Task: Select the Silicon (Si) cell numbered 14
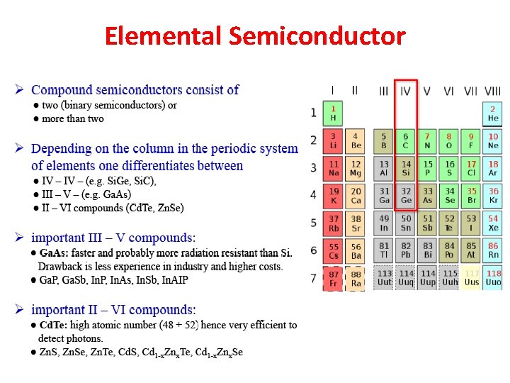coord(406,168)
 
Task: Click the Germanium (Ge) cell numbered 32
coord(406,196)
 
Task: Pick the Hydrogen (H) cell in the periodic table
coord(333,113)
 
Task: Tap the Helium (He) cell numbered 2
coord(493,113)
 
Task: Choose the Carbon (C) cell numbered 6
coord(406,140)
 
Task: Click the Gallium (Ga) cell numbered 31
coord(384,196)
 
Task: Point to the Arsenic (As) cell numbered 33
coord(428,196)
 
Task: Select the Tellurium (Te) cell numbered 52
coord(450,223)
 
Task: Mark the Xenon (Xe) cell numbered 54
coord(493,223)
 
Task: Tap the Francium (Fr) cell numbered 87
coord(333,278)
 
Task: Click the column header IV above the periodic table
coord(405,91)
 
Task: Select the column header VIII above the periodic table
coord(492,91)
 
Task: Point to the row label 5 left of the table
coord(313,223)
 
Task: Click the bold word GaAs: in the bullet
coord(53,253)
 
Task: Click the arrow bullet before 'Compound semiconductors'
coord(21,90)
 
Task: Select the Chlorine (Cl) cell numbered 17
coord(471,168)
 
